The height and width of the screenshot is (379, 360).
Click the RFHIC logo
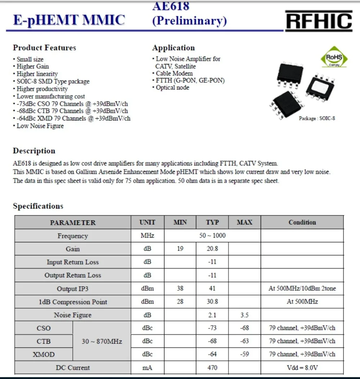click(319, 21)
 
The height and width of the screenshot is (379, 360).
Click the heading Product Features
click(45, 48)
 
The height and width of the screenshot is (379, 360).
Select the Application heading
click(173, 48)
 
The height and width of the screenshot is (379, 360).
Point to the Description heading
click(34, 151)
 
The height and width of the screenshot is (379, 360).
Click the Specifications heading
click(38, 206)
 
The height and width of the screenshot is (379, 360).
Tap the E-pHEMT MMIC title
click(69, 20)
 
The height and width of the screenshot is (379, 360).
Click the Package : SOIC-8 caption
click(317, 118)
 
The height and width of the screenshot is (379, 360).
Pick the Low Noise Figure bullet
click(40, 126)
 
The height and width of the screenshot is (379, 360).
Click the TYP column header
click(212, 222)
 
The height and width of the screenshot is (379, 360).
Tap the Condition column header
click(302, 222)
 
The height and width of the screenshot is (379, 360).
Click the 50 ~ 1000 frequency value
click(212, 236)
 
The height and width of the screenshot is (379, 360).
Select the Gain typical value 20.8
click(212, 249)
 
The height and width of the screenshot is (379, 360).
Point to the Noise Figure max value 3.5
click(244, 315)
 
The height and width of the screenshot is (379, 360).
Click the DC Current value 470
click(212, 367)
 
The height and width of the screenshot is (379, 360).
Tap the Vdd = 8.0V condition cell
click(302, 367)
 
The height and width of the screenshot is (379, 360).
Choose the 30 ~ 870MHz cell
click(102, 341)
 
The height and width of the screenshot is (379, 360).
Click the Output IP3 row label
click(72, 289)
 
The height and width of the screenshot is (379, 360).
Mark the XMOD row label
click(44, 355)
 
